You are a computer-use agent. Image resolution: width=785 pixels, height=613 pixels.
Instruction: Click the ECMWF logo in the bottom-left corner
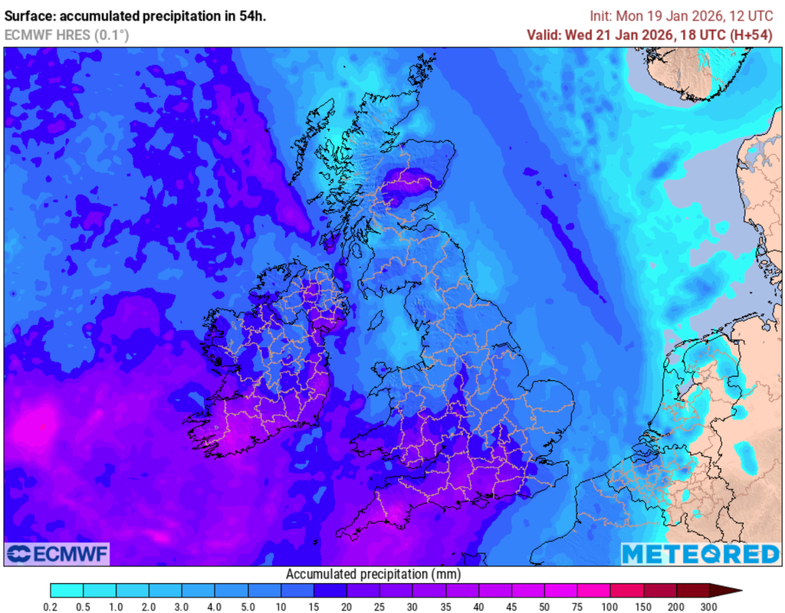pyautogui.click(x=57, y=553)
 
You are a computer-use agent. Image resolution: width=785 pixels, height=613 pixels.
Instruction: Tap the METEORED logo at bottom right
pyautogui.click(x=700, y=553)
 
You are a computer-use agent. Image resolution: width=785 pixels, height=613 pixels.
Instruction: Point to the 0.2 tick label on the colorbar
pyautogui.click(x=51, y=607)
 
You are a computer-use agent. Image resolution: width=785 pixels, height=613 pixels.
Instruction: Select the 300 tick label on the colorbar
pyautogui.click(x=709, y=607)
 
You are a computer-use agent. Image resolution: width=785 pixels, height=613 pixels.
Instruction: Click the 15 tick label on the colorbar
pyautogui.click(x=314, y=607)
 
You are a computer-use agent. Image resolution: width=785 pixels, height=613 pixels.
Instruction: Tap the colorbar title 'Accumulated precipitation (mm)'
pyautogui.click(x=373, y=574)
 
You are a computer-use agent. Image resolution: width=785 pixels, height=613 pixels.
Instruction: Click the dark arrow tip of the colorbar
pyautogui.click(x=732, y=590)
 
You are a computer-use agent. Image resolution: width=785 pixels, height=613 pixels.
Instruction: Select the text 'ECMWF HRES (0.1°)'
pyautogui.click(x=67, y=34)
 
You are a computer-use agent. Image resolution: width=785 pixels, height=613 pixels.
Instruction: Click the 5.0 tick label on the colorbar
pyautogui.click(x=248, y=607)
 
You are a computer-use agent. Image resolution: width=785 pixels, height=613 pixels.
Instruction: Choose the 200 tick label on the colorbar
pyautogui.click(x=676, y=607)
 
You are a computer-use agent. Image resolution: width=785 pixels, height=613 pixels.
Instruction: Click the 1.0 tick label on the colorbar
pyautogui.click(x=117, y=607)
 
